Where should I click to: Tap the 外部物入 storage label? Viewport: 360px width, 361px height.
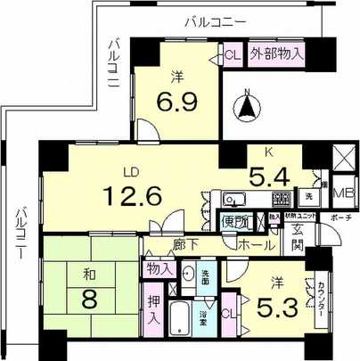click(276, 53)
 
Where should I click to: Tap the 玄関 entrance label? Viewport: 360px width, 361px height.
click(298, 238)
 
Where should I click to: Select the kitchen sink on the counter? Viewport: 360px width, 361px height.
click(233, 198)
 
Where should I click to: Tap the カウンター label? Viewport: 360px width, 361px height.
click(319, 299)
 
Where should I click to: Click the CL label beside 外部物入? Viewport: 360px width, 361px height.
click(232, 54)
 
